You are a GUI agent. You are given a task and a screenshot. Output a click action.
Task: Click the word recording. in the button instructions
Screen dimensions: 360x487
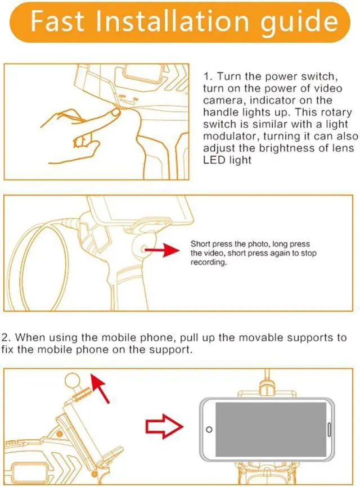[x=209, y=263]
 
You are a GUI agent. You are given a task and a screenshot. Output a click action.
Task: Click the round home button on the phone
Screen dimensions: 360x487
[x=209, y=430]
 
